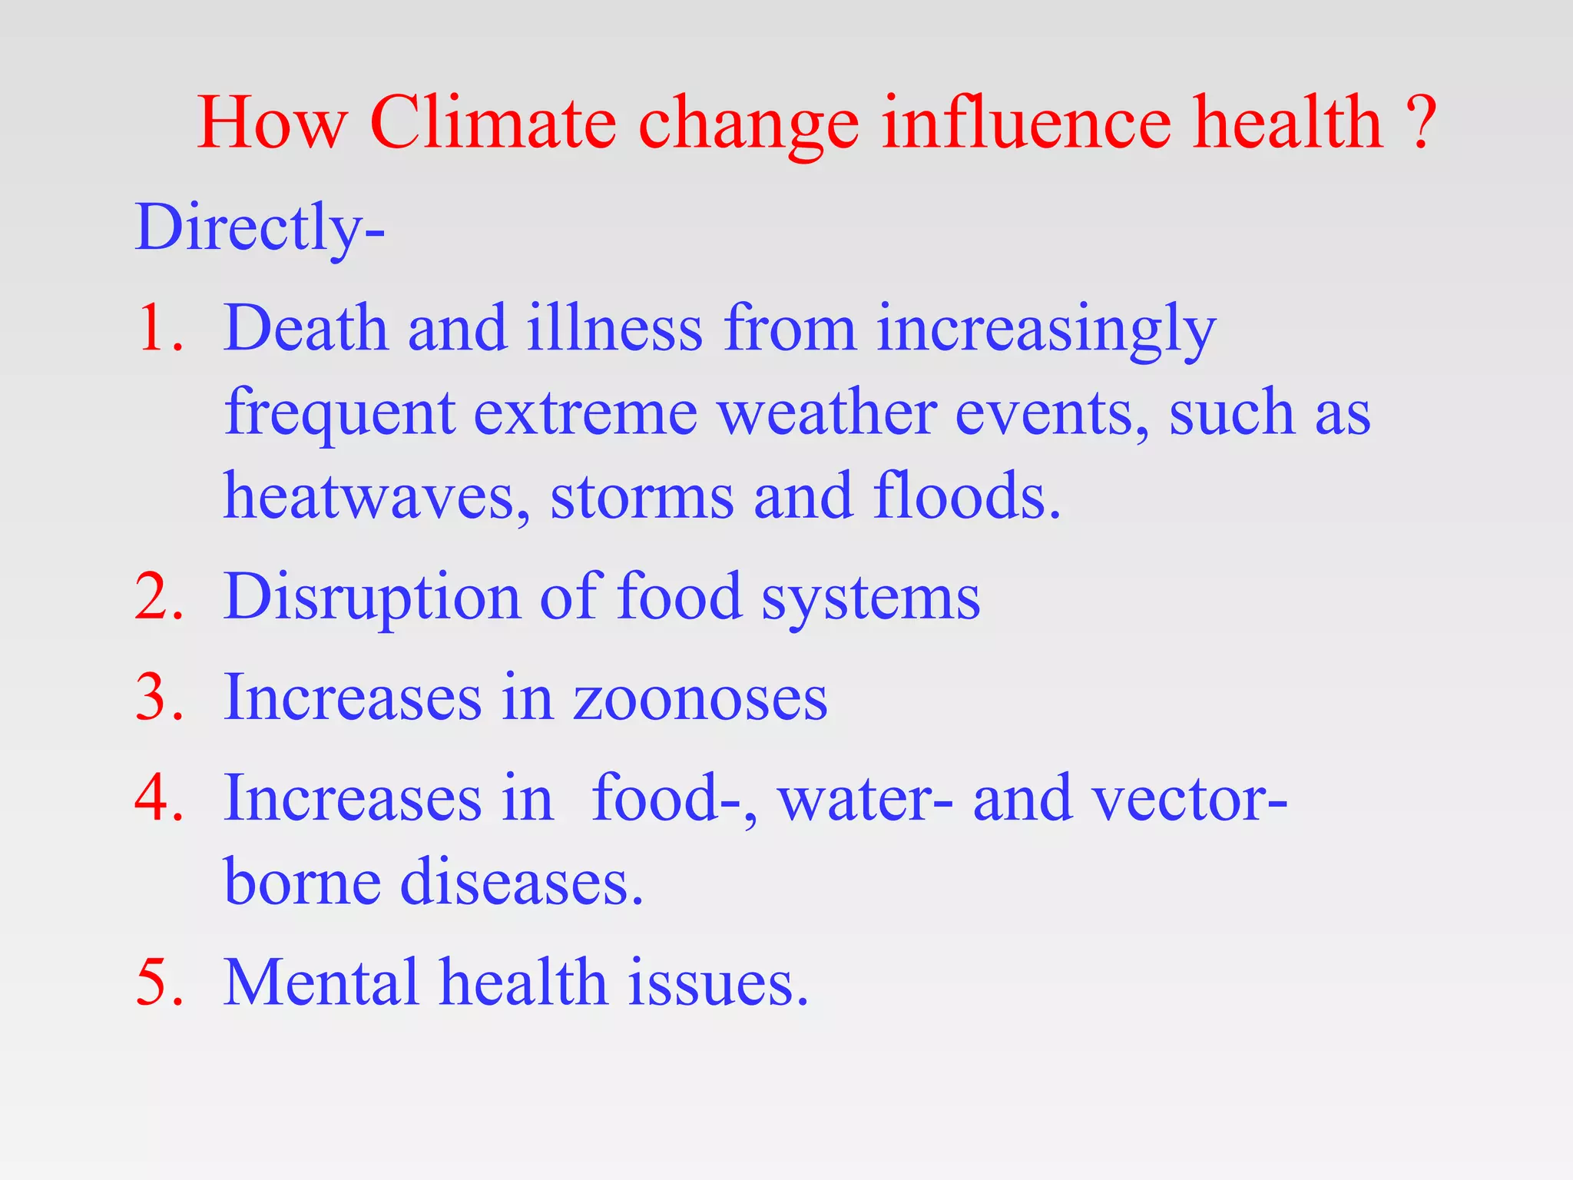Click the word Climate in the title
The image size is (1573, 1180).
coord(492,123)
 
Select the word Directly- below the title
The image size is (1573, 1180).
coord(260,228)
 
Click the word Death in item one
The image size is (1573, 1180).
coord(306,329)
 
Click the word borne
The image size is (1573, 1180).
coord(302,882)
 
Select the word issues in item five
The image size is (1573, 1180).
coord(717,983)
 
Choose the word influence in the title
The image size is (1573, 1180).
coord(1026,123)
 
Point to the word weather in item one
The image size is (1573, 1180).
coord(826,413)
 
